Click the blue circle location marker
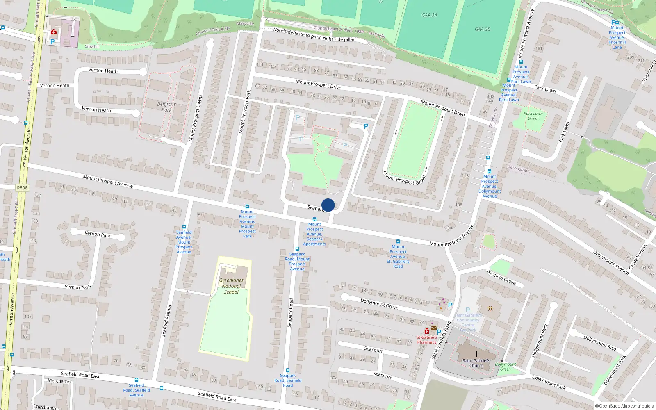click(328, 205)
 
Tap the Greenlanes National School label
click(231, 286)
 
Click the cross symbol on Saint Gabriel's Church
click(476, 353)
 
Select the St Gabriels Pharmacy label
click(427, 340)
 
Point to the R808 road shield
click(22, 188)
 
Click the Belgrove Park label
click(166, 107)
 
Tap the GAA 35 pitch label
click(483, 29)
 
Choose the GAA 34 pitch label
click(429, 15)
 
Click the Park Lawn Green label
click(533, 116)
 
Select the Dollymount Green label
click(506, 367)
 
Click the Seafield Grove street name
click(501, 278)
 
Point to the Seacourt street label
click(374, 349)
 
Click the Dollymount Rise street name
click(600, 343)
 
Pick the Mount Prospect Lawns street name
click(196, 118)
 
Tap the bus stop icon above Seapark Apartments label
click(314, 219)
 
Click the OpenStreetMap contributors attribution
click(624, 406)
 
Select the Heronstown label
click(519, 169)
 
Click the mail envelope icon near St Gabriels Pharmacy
click(433, 328)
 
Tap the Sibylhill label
click(92, 46)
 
